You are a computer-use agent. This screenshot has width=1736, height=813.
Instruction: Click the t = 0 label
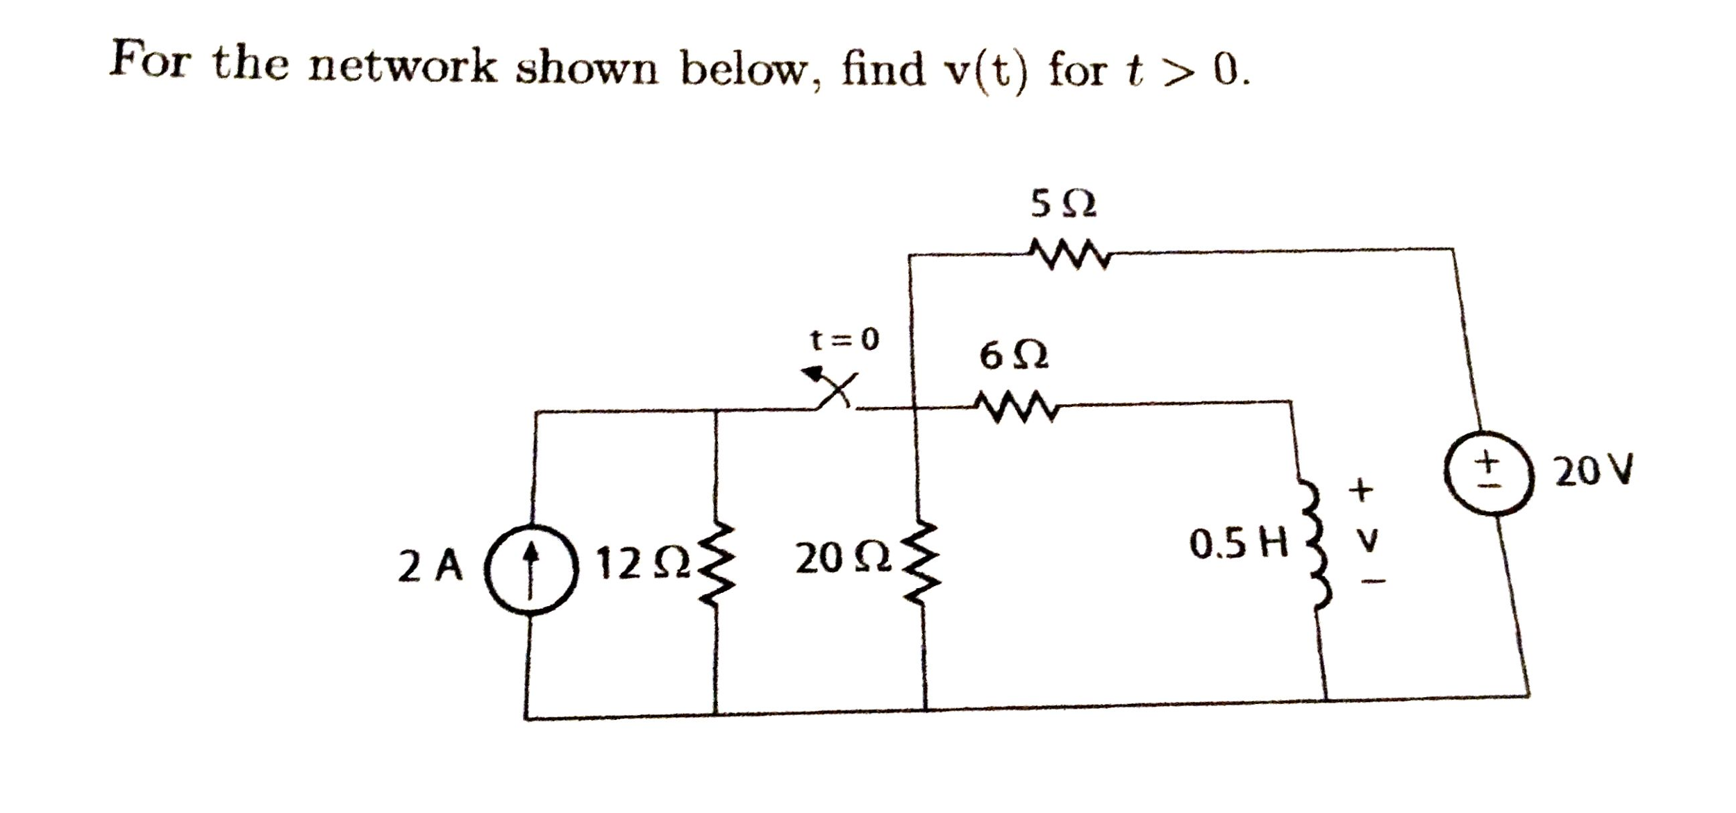click(844, 340)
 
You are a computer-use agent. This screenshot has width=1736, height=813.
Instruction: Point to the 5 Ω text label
click(1063, 203)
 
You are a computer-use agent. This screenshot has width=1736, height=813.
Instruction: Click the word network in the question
click(402, 67)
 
